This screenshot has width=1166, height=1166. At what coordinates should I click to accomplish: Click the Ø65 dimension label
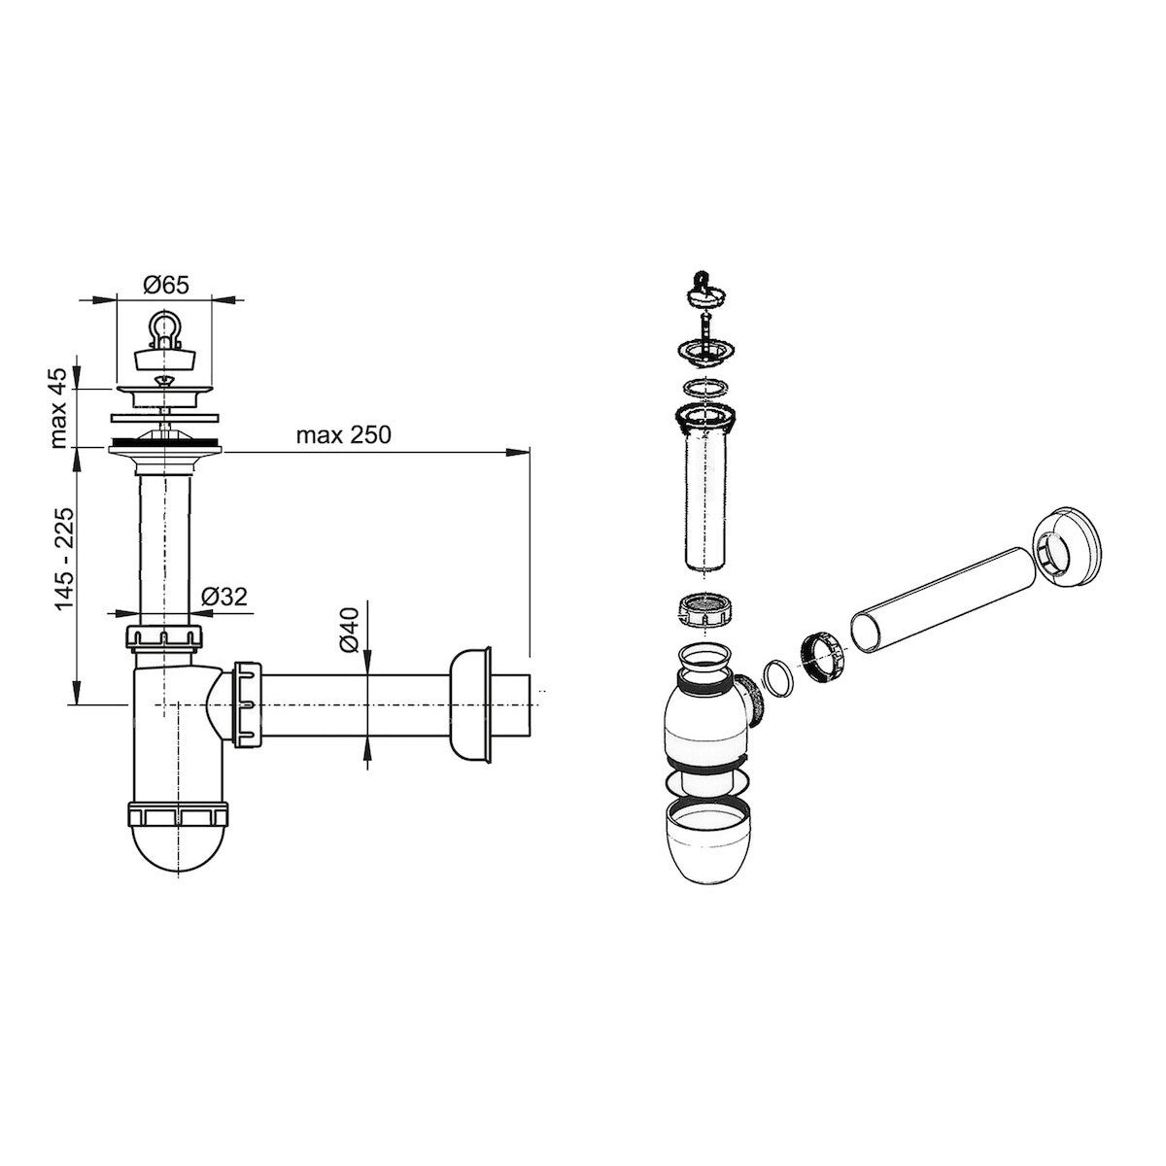coord(166,285)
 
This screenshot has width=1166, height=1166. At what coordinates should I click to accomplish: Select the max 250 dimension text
coord(344,435)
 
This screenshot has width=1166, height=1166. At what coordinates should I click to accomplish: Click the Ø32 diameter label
coord(224,597)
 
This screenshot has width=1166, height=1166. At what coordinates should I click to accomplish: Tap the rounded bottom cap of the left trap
coord(179,847)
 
